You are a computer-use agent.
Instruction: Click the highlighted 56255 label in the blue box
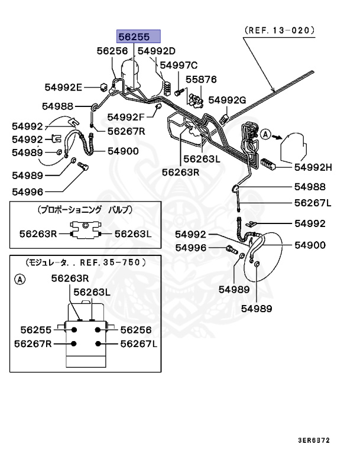click(138, 37)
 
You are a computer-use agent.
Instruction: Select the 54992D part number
click(157, 51)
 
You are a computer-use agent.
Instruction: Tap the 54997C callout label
click(179, 65)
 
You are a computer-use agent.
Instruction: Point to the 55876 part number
click(202, 79)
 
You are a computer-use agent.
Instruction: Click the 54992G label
click(228, 100)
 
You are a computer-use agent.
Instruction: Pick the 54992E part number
click(63, 87)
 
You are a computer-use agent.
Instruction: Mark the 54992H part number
click(313, 167)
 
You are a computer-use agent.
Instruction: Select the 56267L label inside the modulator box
click(138, 344)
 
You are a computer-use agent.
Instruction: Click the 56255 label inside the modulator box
click(37, 330)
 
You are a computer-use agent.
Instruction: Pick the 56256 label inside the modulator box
click(135, 330)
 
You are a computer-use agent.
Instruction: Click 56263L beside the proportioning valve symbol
click(133, 234)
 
